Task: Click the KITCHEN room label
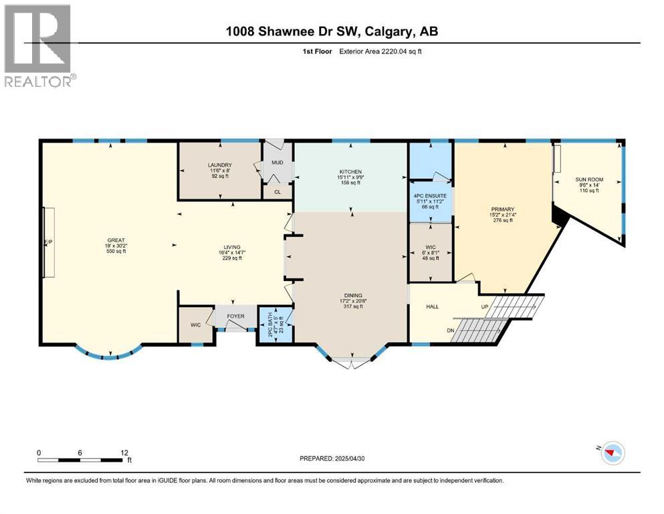point(350,172)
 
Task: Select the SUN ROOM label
point(588,179)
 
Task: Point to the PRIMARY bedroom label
point(502,208)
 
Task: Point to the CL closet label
point(277,192)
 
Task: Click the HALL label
point(433,307)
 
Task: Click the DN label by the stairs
point(449,329)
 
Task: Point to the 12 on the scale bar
point(124,452)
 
